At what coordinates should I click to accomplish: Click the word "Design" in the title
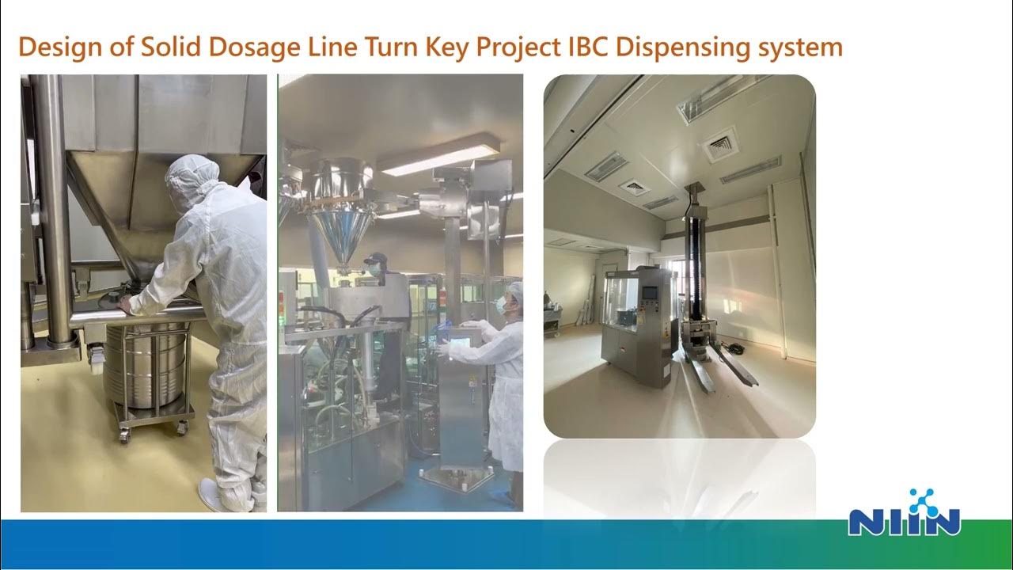(53, 47)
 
